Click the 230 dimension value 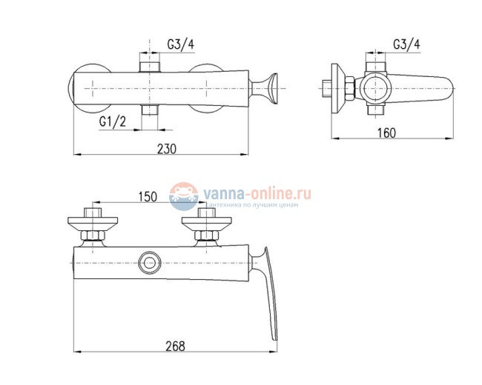167,149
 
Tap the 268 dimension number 176,346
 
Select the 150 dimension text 148,197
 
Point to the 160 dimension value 386,133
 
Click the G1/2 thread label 113,122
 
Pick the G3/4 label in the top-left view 181,44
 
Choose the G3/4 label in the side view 406,44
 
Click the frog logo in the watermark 183,196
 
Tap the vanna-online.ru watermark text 257,193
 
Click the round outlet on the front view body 150,263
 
